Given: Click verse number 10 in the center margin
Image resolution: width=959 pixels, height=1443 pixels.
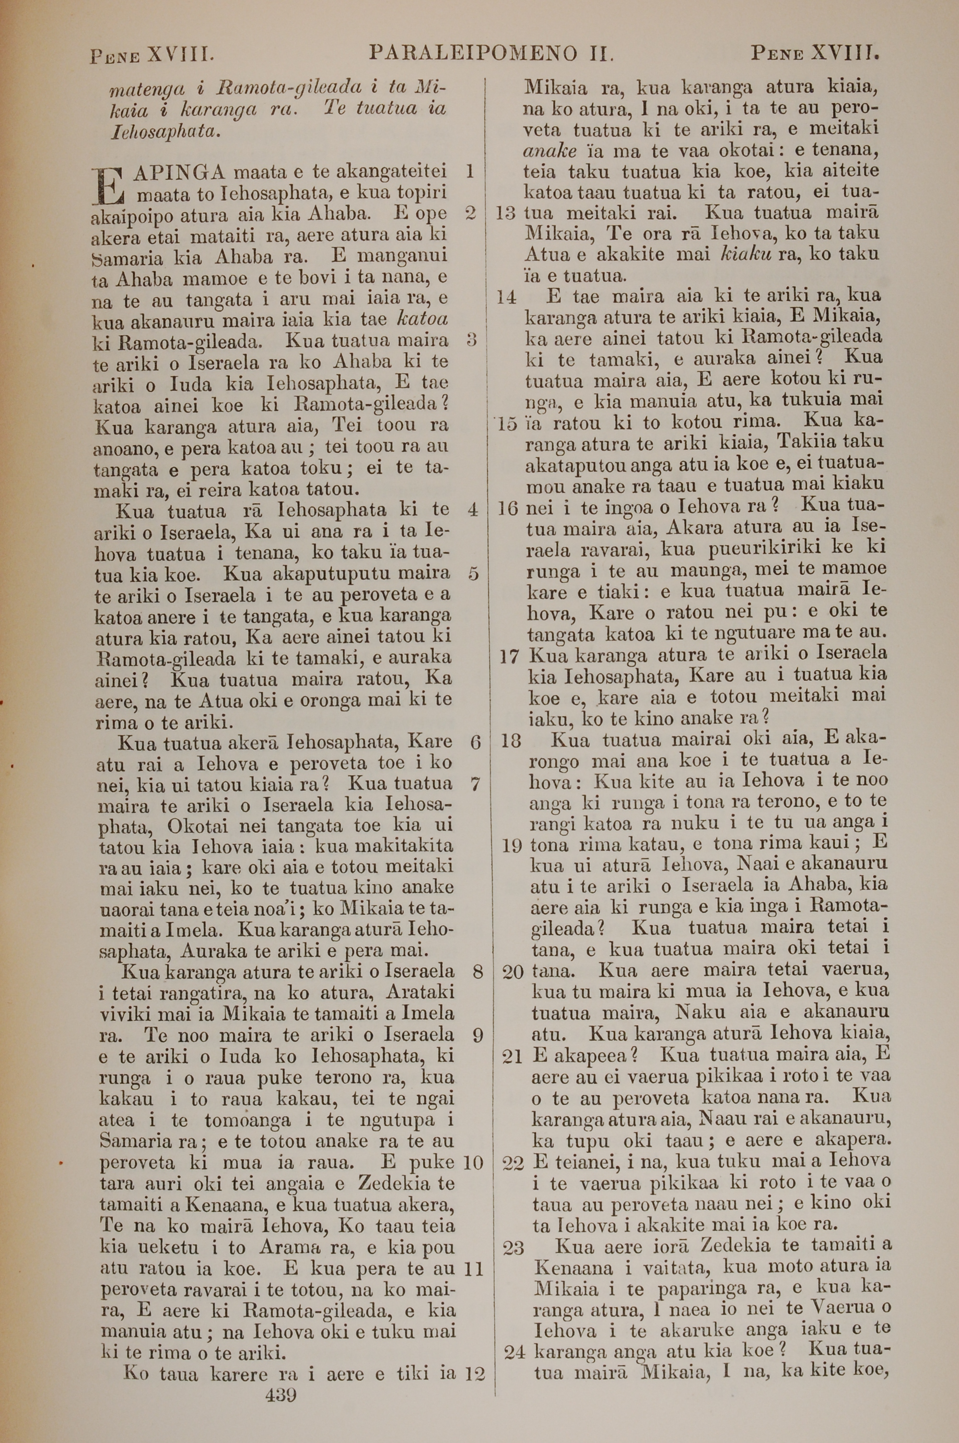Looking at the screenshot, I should (473, 1163).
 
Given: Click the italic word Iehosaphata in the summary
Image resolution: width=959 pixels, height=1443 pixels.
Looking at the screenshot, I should (164, 131).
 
